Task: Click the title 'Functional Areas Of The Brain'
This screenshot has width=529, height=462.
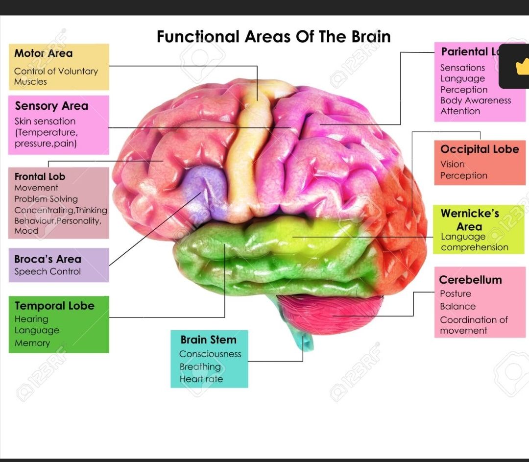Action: click(273, 37)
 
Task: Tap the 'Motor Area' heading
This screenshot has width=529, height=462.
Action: click(43, 53)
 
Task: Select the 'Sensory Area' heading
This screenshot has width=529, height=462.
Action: click(51, 106)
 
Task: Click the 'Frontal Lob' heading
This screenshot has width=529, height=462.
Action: click(40, 176)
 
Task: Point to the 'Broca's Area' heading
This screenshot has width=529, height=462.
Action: click(48, 259)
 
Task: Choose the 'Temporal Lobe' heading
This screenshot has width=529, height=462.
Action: click(54, 306)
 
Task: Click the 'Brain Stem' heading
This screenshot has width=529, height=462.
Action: click(208, 340)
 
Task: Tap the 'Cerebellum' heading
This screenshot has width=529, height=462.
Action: click(470, 280)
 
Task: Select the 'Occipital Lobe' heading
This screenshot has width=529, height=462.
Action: click(479, 149)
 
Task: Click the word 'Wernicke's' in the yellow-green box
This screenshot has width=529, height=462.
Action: click(470, 214)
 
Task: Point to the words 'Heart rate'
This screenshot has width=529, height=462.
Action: click(201, 379)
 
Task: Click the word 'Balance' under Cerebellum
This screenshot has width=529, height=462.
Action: click(457, 307)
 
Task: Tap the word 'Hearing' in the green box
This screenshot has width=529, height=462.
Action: click(31, 319)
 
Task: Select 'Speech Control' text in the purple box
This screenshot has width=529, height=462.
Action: click(48, 271)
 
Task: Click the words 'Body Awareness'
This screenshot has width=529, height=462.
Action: click(475, 100)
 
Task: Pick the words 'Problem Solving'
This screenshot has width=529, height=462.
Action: click(46, 199)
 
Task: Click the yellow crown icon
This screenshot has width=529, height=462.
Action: click(522, 65)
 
